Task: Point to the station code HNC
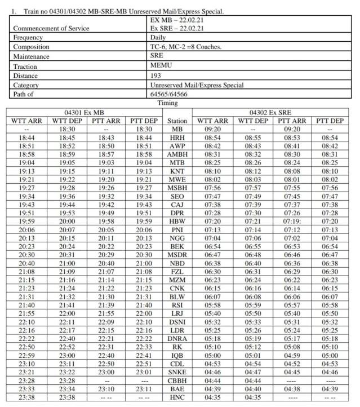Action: click(177, 397)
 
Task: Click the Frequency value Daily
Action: click(158, 37)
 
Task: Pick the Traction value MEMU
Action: click(161, 66)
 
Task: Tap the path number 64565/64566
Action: click(168, 95)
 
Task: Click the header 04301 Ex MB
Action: click(83, 113)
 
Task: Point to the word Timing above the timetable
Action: click(167, 103)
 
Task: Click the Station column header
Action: click(177, 121)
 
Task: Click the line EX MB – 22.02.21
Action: click(179, 19)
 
